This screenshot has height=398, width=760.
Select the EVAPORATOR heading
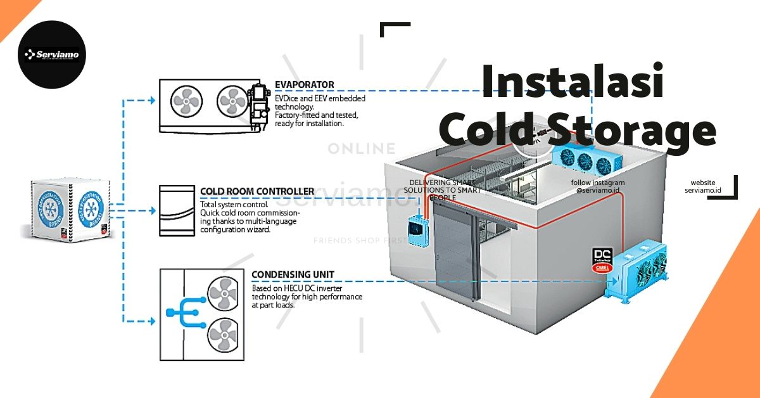tap(305, 85)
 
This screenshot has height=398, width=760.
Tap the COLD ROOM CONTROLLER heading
tap(257, 191)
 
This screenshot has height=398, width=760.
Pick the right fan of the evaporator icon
tap(231, 99)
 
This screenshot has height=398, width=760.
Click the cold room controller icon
tap(177, 210)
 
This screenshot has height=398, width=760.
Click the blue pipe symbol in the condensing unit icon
tap(184, 312)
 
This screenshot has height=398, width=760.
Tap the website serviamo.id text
tap(703, 186)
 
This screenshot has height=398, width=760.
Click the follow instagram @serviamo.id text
tap(597, 186)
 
